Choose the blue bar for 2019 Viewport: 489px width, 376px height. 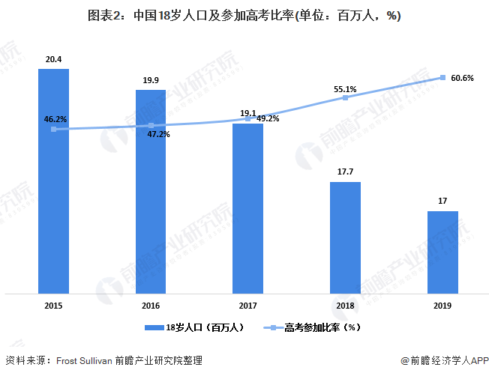point(442,252)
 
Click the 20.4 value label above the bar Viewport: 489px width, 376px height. point(53,60)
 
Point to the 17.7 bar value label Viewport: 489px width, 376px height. point(345,172)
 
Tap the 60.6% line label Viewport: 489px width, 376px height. point(462,78)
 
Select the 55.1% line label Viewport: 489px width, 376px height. point(345,89)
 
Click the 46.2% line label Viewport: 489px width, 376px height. point(55,119)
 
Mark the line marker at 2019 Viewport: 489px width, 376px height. point(442,77)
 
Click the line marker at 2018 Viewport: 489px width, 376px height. point(345,97)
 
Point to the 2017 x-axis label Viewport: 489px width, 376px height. point(247,306)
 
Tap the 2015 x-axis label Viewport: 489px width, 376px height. point(53,306)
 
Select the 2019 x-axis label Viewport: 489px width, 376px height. point(442,306)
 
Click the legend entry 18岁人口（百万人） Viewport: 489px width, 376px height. point(193,327)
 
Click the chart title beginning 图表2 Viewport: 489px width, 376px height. point(244,16)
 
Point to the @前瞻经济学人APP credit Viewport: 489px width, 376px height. point(443,360)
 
